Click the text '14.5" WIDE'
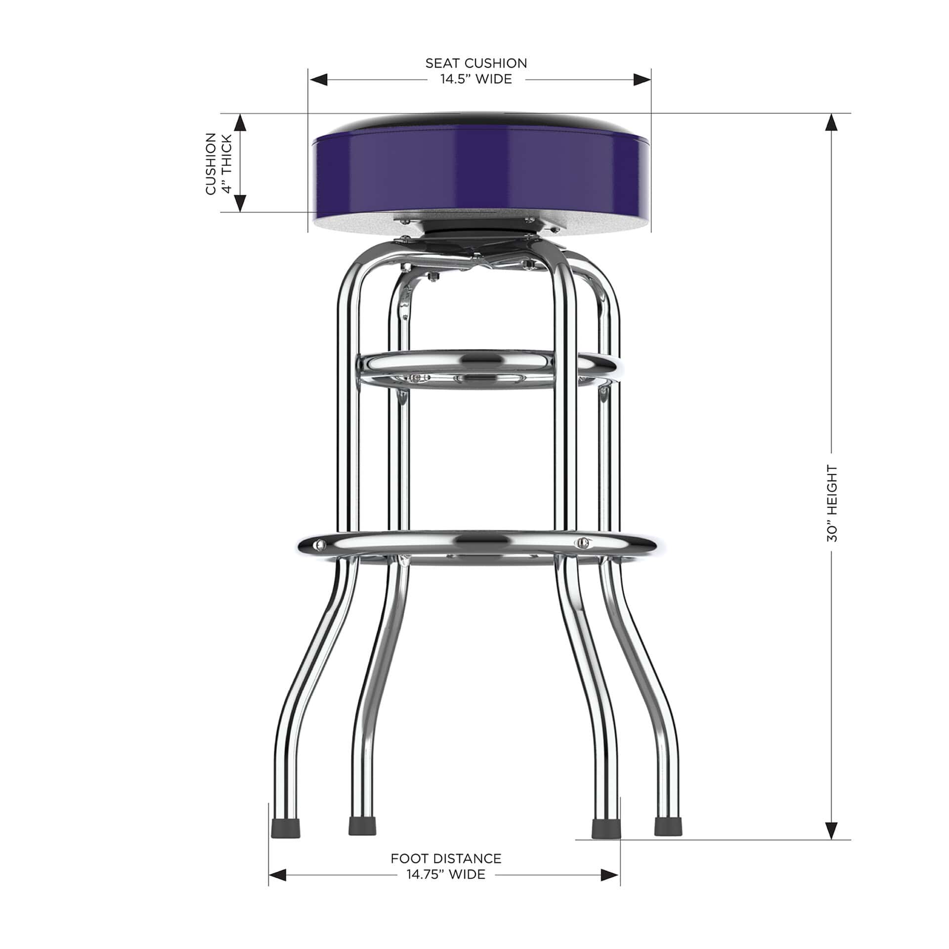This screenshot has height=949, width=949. click(x=476, y=79)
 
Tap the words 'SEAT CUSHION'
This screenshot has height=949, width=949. click(x=476, y=63)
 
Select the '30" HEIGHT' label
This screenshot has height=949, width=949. click(x=832, y=503)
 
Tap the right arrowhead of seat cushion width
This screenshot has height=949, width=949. click(x=642, y=80)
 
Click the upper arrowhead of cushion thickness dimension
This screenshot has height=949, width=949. click(x=240, y=123)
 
